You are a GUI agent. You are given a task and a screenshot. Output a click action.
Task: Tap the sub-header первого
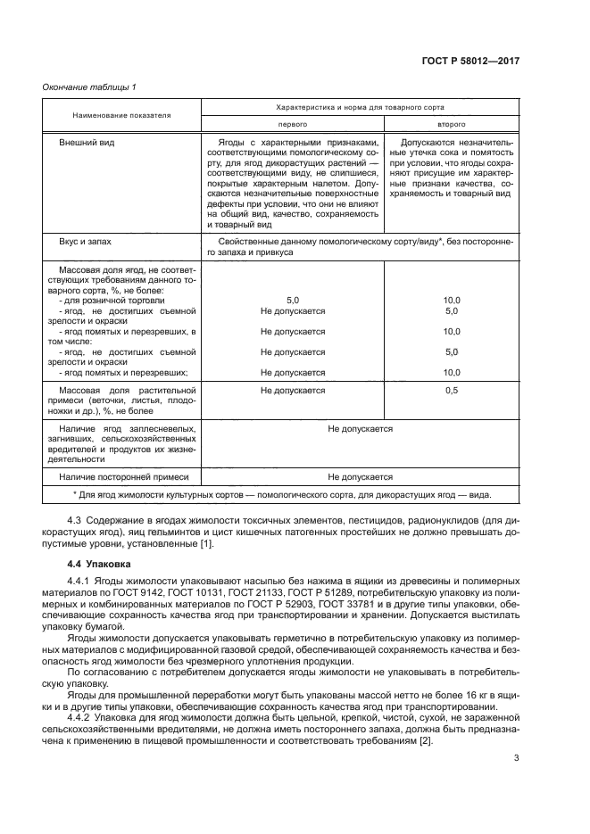pyautogui.click(x=293, y=125)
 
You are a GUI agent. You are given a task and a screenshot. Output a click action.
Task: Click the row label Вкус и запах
pyautogui.click(x=86, y=241)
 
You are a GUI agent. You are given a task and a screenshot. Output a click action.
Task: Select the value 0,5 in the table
pyautogui.click(x=451, y=391)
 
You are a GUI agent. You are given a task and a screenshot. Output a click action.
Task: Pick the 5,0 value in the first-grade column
pyautogui.click(x=293, y=301)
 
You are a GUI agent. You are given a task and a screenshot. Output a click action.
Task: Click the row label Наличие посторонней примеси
pyautogui.click(x=115, y=477)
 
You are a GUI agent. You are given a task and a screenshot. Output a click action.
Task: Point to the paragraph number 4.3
pyautogui.click(x=77, y=520)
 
